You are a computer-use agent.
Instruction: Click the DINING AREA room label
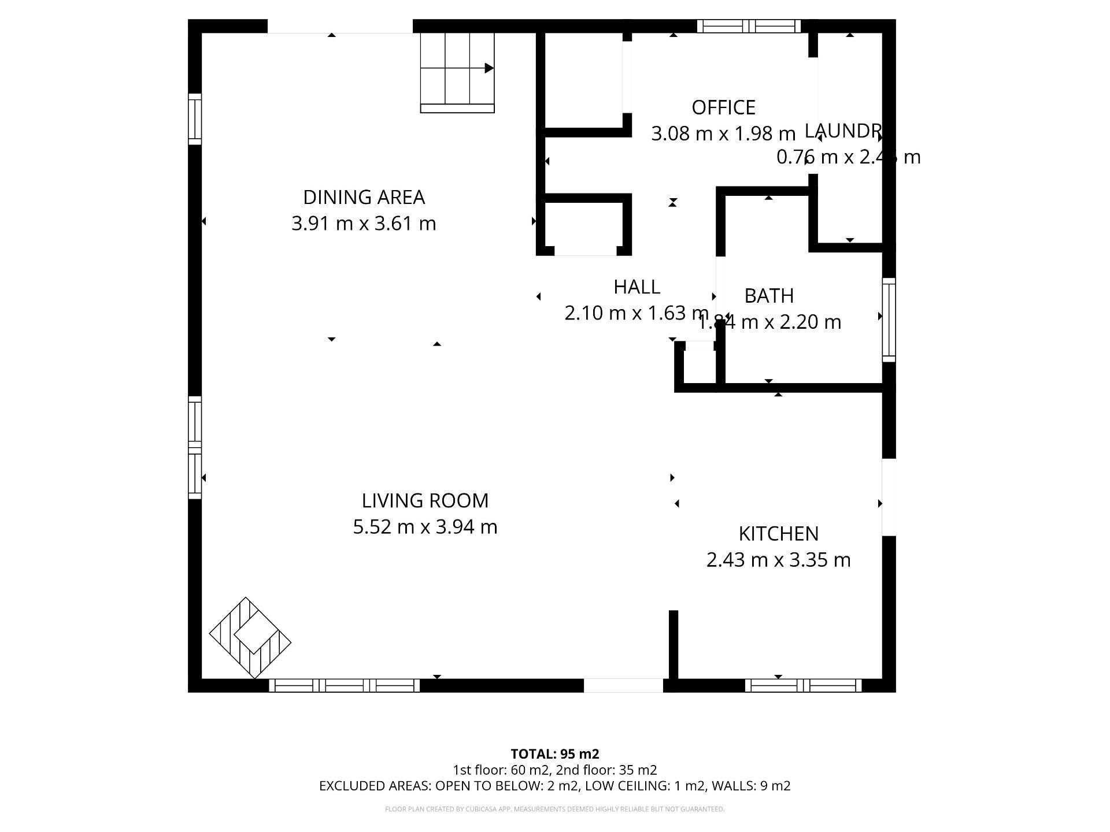364,198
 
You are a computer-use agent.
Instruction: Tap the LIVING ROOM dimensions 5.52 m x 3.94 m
425,527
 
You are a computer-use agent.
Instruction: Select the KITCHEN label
778,534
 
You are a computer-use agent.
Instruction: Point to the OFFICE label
723,107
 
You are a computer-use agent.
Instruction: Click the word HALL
637,287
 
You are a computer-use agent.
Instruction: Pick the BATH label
768,296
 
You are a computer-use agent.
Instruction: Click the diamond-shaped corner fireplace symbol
250,638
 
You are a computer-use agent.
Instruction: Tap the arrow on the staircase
489,68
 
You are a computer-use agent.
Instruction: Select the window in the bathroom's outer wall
889,320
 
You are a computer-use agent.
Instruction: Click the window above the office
749,26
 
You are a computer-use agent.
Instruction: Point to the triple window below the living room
345,685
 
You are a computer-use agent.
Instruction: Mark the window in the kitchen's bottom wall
803,685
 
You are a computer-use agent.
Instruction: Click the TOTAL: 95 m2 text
554,754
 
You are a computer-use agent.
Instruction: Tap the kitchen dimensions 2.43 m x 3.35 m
778,560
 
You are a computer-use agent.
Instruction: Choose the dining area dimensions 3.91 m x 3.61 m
364,224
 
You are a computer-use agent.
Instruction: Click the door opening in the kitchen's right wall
889,497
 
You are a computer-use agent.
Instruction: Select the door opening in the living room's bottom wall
623,685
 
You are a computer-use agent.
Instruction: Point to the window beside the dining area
195,119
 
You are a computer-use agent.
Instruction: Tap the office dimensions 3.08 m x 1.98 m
723,134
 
